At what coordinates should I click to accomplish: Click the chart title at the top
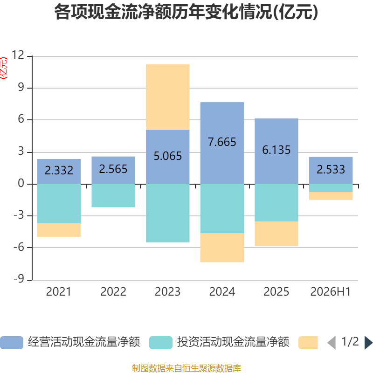click(186, 12)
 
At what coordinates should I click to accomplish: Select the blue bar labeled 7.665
click(222, 143)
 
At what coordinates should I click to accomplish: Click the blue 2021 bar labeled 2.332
click(59, 172)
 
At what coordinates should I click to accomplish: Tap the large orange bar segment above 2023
click(168, 97)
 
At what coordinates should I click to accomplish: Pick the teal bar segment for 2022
click(113, 195)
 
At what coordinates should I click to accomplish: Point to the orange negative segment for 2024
click(222, 248)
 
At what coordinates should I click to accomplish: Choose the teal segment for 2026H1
click(331, 188)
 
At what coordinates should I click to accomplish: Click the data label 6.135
click(276, 150)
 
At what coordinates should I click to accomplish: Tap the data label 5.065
click(168, 156)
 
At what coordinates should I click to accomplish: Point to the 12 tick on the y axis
click(18, 55)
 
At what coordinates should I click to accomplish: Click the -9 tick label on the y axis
click(19, 279)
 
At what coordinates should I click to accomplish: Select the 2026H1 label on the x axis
click(331, 292)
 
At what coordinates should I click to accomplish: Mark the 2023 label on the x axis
click(168, 292)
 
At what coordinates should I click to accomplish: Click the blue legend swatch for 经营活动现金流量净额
click(12, 343)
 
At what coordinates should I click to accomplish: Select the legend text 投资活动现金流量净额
click(233, 342)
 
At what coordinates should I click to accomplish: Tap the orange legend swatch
click(308, 343)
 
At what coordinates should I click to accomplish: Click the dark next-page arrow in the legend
click(368, 343)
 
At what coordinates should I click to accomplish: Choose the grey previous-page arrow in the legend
click(332, 343)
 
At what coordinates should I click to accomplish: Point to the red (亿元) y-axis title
click(4, 68)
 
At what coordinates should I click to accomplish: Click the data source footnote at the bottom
click(186, 368)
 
